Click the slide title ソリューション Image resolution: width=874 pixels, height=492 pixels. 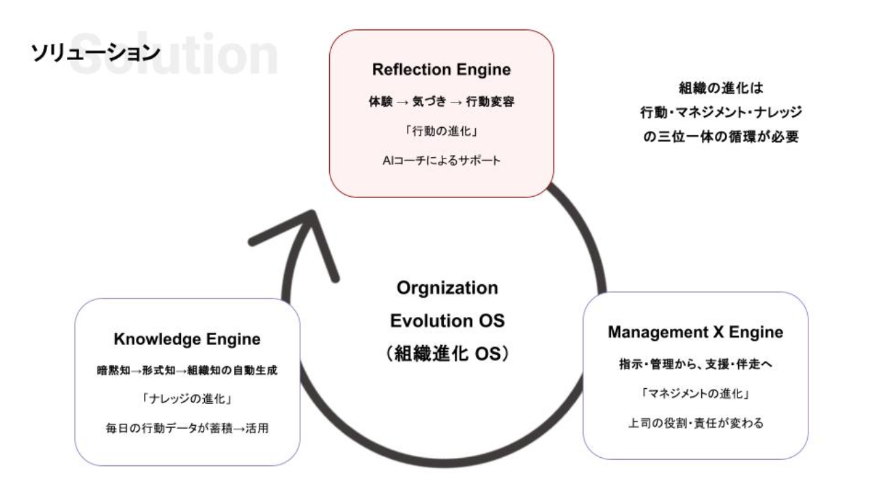(95, 53)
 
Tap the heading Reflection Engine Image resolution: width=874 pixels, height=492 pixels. (441, 70)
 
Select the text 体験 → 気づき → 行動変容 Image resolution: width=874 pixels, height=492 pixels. (441, 102)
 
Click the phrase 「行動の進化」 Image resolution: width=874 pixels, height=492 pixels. (441, 132)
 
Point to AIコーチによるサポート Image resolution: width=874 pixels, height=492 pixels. (441, 161)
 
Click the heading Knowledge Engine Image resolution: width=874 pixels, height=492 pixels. (187, 339)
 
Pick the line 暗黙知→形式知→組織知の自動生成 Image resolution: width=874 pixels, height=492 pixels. (187, 370)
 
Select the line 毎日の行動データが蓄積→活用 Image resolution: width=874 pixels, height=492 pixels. (187, 429)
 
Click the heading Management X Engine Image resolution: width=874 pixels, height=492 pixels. (695, 333)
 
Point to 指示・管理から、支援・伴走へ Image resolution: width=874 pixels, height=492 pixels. (695, 365)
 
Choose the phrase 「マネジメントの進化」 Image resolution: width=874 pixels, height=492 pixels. (695, 394)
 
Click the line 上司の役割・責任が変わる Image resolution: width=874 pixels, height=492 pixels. (695, 424)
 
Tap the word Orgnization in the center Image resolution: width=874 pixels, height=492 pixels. (447, 288)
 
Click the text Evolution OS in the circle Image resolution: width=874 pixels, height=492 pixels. (447, 320)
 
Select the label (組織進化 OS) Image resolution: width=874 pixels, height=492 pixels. (447, 354)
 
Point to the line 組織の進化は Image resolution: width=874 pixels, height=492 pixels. (720, 88)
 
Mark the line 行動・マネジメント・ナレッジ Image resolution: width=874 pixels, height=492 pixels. (720, 112)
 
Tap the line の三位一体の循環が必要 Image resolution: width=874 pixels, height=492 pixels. (720, 136)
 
